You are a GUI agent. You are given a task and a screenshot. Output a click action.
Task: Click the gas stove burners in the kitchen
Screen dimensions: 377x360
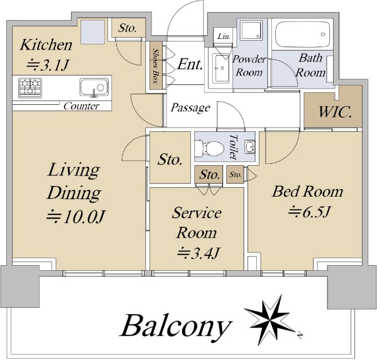click(30, 88)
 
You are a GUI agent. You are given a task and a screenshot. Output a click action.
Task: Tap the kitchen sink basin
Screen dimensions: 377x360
click(94, 87)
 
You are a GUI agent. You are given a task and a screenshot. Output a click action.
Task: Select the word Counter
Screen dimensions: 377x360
click(81, 106)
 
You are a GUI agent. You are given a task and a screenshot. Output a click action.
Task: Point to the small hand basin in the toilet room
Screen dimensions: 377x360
click(250, 146)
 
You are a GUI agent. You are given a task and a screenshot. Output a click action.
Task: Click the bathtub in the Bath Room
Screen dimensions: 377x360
click(302, 35)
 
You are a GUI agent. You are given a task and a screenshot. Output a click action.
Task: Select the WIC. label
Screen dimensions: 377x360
click(335, 112)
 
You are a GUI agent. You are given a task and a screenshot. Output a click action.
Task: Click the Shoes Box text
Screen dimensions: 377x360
click(156, 66)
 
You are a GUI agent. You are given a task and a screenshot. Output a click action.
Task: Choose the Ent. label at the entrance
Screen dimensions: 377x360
click(190, 65)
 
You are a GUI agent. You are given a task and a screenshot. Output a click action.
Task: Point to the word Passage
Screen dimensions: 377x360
click(190, 107)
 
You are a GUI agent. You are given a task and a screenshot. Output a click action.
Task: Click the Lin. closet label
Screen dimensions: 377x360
click(224, 36)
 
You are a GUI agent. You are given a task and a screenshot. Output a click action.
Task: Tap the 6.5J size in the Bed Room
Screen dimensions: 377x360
click(309, 212)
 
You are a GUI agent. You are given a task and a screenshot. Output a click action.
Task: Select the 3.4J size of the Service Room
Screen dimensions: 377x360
click(199, 253)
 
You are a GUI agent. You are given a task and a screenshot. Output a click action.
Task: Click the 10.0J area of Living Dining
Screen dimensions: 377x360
click(75, 216)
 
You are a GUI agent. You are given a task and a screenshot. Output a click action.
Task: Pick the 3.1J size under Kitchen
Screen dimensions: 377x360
click(48, 65)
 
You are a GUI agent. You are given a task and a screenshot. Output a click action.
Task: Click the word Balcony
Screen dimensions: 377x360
click(175, 326)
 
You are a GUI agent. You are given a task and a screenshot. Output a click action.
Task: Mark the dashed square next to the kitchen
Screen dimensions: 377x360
click(92, 32)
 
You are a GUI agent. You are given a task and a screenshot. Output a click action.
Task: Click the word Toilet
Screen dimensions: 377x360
click(233, 146)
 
